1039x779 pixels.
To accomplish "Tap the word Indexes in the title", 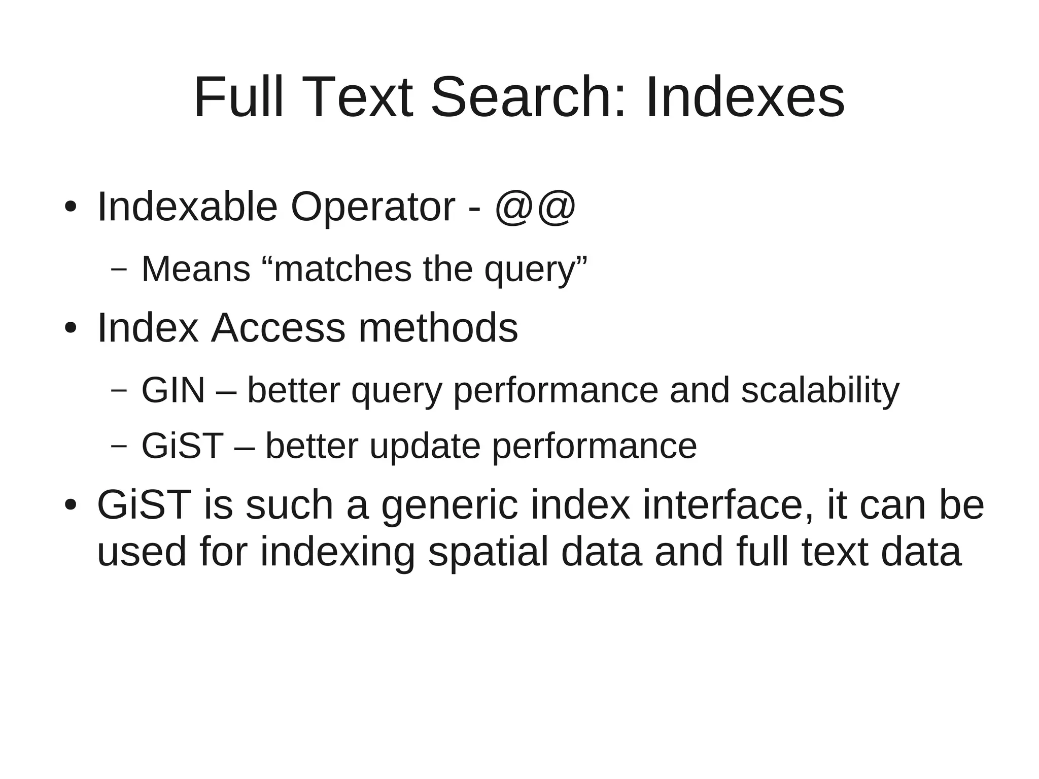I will click(x=745, y=97).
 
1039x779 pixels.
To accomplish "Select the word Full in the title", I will click(x=238, y=97).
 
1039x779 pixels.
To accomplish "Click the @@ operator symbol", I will click(x=535, y=207).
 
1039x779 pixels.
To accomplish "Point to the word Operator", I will click(x=372, y=207).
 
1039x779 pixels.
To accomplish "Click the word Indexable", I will click(x=187, y=207).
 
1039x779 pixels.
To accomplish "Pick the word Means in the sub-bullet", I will click(x=196, y=269).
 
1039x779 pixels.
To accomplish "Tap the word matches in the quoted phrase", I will click(x=343, y=269).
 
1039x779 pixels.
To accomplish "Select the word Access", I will click(x=278, y=328).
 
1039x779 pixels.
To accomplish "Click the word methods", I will click(x=438, y=328).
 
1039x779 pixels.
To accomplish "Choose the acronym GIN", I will click(x=173, y=390).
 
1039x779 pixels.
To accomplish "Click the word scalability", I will click(x=820, y=390).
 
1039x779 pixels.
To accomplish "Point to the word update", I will click(x=425, y=446).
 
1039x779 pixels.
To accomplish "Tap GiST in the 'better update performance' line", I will click(x=182, y=446).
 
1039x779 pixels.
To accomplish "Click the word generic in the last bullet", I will click(x=449, y=505).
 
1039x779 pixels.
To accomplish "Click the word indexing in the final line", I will click(x=338, y=552).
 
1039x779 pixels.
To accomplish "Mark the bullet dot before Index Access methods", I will click(x=70, y=328).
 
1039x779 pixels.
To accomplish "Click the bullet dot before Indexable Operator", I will click(x=70, y=207).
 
